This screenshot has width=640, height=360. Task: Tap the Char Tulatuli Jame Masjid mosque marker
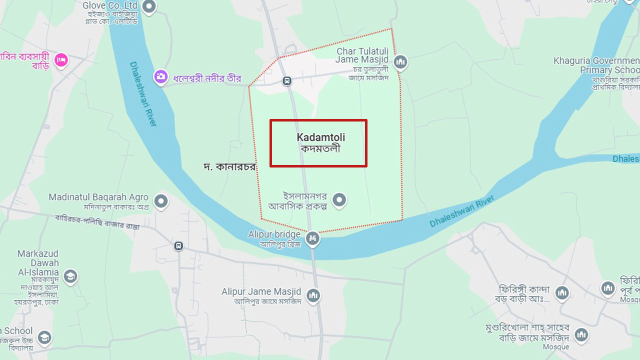(x=400, y=62)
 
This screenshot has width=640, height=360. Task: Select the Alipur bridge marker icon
(x=313, y=238)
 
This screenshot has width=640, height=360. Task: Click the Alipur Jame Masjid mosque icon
(x=313, y=295)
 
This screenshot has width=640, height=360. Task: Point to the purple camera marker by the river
(x=160, y=76)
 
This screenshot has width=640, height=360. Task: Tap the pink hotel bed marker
(x=61, y=60)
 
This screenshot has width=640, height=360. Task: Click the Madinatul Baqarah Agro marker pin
(x=160, y=201)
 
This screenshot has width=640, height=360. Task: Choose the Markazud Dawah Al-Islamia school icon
(x=70, y=276)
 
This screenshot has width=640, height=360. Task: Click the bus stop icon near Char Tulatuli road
(x=287, y=80)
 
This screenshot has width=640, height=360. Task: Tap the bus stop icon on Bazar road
(x=178, y=246)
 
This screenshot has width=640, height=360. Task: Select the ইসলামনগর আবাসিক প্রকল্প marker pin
(x=339, y=200)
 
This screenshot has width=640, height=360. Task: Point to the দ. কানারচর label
(x=229, y=167)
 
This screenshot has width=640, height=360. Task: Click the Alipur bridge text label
(x=274, y=234)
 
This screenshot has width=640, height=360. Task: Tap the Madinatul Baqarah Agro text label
(x=98, y=197)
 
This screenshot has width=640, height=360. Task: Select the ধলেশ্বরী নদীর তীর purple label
(x=207, y=78)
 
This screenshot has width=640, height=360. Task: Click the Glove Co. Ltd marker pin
(x=149, y=6)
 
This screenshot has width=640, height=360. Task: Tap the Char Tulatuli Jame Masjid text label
(x=362, y=55)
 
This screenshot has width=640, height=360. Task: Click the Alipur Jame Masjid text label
(x=261, y=291)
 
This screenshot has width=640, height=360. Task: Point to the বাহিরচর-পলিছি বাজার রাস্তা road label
(x=97, y=222)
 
